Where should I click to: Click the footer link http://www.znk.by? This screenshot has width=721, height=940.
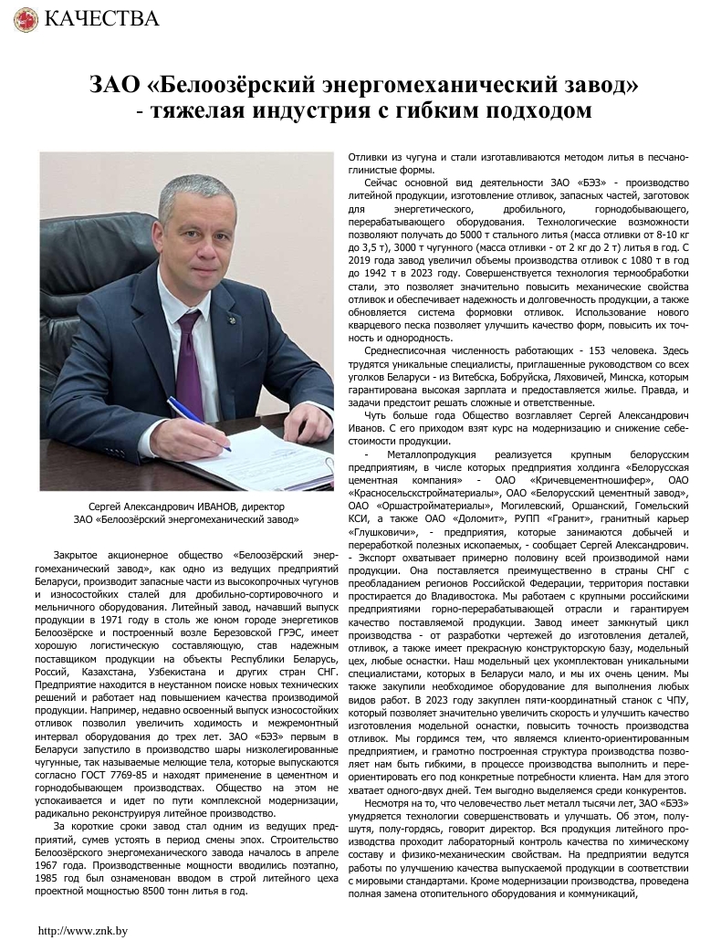click(x=81, y=931)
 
